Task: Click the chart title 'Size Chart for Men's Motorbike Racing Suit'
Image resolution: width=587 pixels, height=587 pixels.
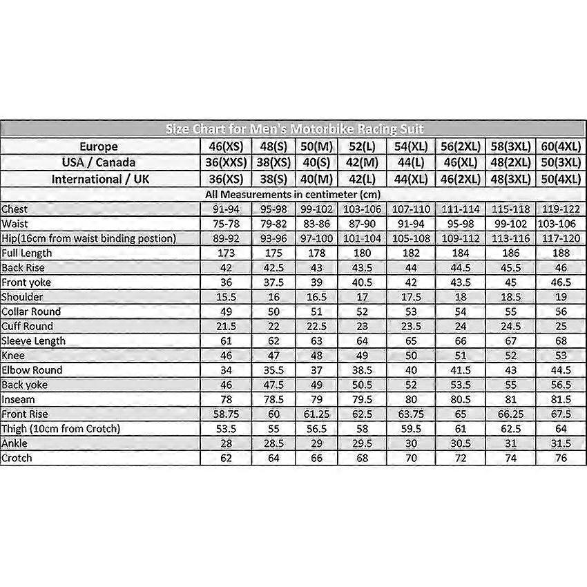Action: pos(294,130)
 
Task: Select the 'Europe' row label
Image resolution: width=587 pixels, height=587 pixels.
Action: pos(99,146)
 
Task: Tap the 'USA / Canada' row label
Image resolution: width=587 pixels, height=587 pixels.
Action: pos(99,162)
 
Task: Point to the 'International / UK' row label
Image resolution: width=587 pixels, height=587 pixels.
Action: pos(99,179)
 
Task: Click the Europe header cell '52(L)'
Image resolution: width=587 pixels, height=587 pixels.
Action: pos(361,146)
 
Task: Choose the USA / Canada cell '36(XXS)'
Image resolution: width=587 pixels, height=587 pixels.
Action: pos(224,162)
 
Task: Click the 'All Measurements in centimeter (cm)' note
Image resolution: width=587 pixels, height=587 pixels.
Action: pos(293,194)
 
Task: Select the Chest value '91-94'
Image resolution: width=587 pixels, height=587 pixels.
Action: pos(224,209)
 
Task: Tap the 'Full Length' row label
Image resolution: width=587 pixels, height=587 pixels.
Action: pos(27,253)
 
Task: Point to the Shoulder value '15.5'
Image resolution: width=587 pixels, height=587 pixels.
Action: pos(224,297)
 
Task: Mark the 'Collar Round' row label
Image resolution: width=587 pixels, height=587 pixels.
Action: pos(31,311)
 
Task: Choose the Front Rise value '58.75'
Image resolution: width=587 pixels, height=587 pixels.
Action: pos(224,414)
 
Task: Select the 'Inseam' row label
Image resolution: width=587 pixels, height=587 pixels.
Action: pos(18,399)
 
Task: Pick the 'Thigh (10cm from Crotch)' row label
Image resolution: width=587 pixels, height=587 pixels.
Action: pos(61,429)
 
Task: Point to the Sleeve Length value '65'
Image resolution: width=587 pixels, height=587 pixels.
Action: pos(411,340)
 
